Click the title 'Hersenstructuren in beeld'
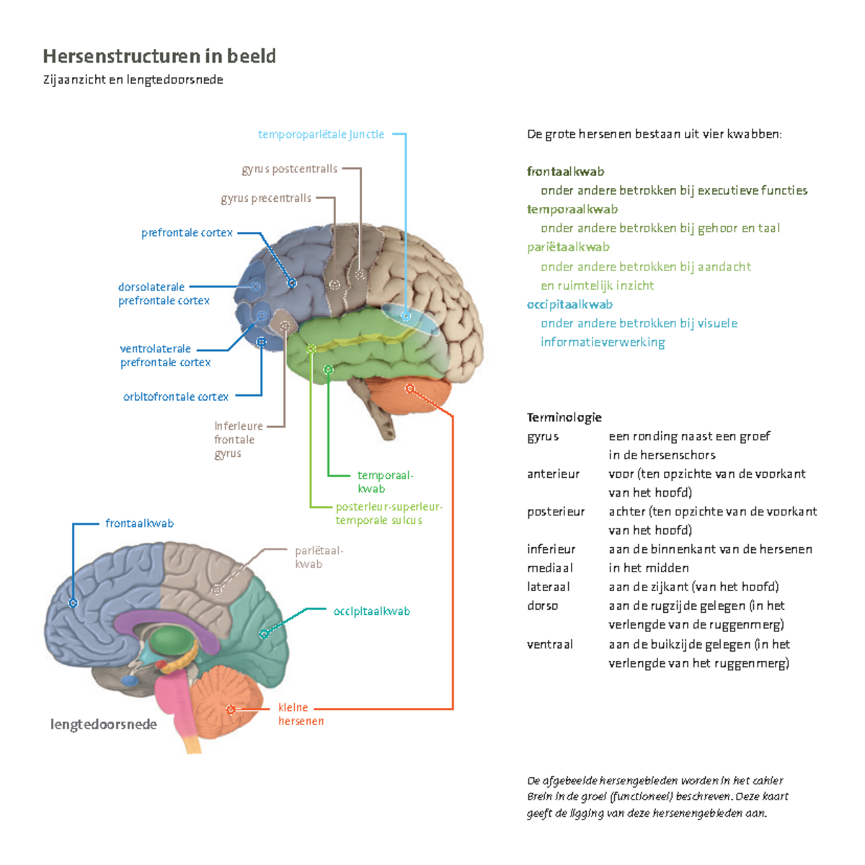tap(159, 56)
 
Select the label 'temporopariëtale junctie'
tap(321, 134)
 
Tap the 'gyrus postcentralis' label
tap(289, 169)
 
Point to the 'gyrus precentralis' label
tap(266, 198)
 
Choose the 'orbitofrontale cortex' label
tap(176, 396)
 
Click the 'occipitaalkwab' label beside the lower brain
tap(371, 611)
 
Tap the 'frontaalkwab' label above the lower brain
tap(139, 523)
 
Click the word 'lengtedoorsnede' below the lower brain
tap(103, 724)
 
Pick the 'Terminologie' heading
tap(564, 417)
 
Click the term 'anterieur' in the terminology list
tap(553, 474)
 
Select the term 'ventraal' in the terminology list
tap(550, 644)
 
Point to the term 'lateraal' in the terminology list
tap(548, 587)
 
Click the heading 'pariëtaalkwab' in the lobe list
tap(568, 247)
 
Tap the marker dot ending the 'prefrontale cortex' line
tap(292, 283)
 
